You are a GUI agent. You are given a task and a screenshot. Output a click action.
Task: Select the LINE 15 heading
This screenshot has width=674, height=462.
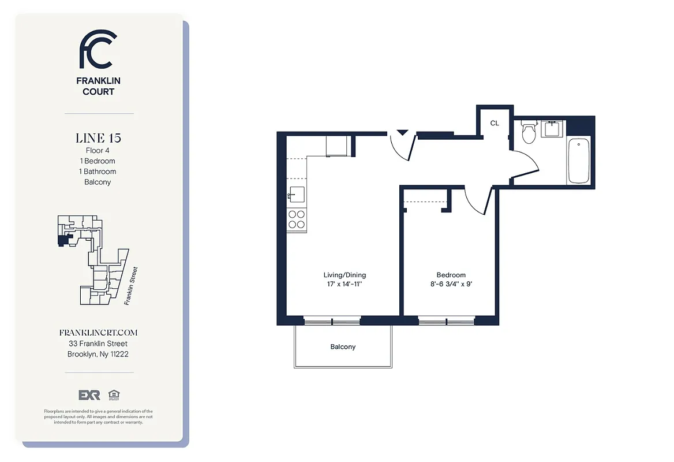point(98,138)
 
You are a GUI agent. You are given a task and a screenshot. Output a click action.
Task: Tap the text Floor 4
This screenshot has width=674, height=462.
point(98,151)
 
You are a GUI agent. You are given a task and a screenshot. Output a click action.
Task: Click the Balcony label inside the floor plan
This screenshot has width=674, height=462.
point(343,347)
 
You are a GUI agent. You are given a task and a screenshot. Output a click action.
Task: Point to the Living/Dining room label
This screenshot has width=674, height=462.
point(345,275)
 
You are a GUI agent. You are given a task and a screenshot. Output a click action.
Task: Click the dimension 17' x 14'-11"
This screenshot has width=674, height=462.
point(345,285)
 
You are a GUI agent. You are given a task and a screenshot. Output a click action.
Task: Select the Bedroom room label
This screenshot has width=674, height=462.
point(451,275)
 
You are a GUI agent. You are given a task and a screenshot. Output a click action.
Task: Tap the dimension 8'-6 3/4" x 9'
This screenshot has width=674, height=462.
point(451,285)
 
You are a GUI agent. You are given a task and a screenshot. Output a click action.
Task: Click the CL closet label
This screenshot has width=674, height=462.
point(495,123)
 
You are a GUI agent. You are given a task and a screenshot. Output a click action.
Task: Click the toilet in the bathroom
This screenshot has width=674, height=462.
point(528,133)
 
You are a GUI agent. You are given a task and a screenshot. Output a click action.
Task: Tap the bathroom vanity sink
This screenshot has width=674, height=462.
point(553,129)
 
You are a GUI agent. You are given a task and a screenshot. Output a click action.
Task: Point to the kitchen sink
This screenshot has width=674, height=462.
point(297,195)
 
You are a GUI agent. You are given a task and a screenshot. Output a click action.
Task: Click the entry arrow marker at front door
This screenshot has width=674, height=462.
point(402,132)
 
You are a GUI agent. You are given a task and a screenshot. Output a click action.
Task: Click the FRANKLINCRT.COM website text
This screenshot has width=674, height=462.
point(98,333)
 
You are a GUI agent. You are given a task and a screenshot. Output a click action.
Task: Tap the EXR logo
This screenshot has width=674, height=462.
point(89,395)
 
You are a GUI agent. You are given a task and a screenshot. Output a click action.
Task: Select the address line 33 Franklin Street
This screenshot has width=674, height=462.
point(98,344)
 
